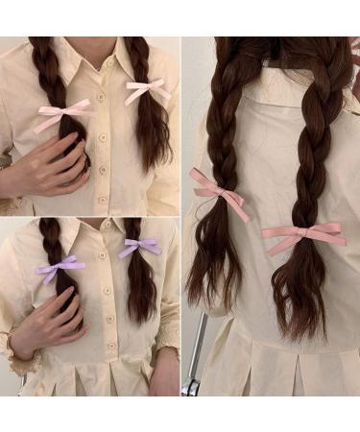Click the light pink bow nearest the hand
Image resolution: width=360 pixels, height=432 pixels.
coord(63,115)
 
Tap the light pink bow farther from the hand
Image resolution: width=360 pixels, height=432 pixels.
coord(146,92)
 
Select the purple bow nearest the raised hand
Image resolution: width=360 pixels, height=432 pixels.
coord(60,267)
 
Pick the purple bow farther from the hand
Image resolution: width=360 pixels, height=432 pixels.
coord(140,247)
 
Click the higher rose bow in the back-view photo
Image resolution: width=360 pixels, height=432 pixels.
coord(219,188)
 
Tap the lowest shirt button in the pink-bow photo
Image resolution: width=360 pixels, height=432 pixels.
coord(103,200)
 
